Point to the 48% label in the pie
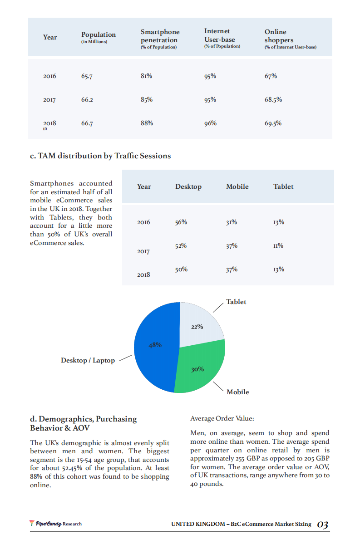(x=155, y=345)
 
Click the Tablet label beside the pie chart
(x=236, y=302)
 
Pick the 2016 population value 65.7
(x=87, y=76)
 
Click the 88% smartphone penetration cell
(x=147, y=123)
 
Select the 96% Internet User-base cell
(x=210, y=123)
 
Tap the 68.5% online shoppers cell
(x=273, y=99)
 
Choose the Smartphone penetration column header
(x=160, y=36)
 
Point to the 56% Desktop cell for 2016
(x=181, y=222)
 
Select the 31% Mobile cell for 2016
(x=231, y=222)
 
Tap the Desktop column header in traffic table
(x=188, y=186)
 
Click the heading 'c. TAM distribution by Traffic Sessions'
(x=100, y=156)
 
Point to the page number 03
(x=322, y=524)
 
